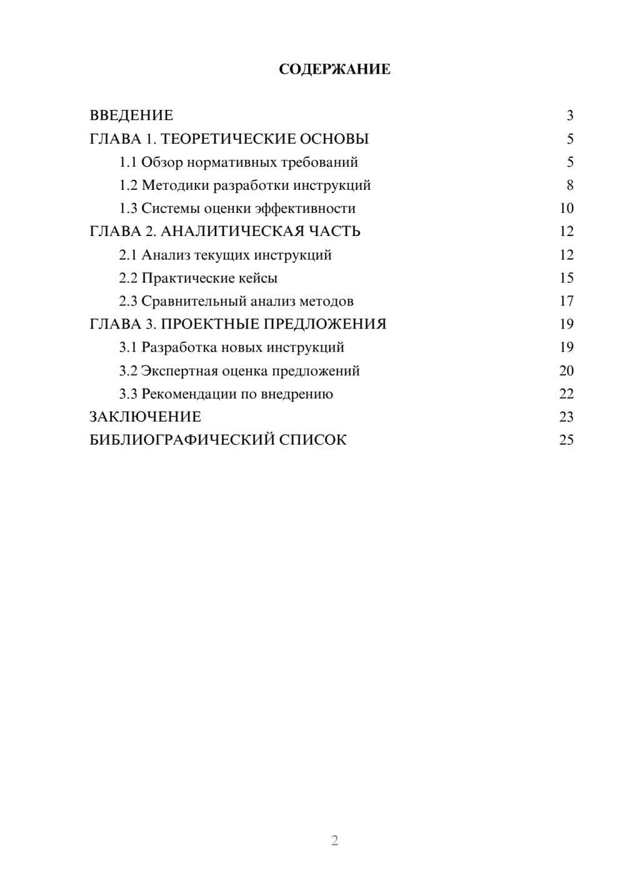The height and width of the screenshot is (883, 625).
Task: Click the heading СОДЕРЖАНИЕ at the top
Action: pyautogui.click(x=334, y=69)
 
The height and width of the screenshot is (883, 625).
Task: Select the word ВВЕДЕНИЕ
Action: pyautogui.click(x=131, y=116)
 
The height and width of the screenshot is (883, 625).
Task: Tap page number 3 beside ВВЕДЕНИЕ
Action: pyautogui.click(x=569, y=116)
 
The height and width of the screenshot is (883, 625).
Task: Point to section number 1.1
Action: pyautogui.click(x=128, y=162)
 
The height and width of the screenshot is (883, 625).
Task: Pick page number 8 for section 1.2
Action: pyautogui.click(x=569, y=185)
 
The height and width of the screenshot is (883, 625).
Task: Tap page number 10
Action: pyautogui.click(x=566, y=209)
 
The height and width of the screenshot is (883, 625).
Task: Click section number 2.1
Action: pyautogui.click(x=128, y=255)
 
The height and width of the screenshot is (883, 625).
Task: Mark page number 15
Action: pyautogui.click(x=566, y=278)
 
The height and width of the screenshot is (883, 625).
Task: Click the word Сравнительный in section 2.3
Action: pyautogui.click(x=194, y=301)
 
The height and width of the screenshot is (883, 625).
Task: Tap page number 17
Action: pyautogui.click(x=566, y=301)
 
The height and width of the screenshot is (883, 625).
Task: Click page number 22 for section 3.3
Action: pyautogui.click(x=566, y=394)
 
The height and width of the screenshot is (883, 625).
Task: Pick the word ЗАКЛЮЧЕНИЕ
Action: pyautogui.click(x=145, y=417)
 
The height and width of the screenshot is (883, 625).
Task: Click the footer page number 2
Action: pyautogui.click(x=334, y=841)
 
